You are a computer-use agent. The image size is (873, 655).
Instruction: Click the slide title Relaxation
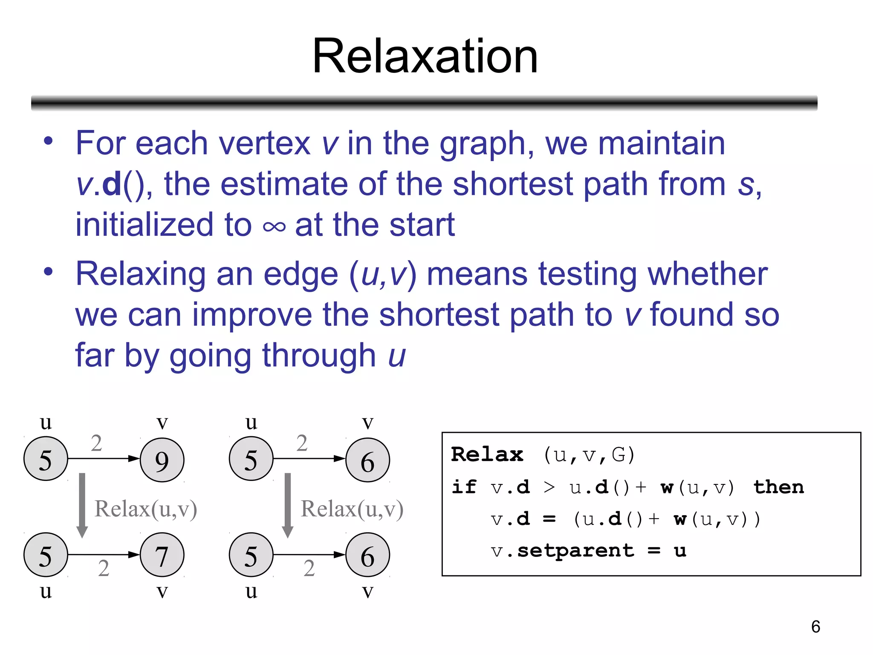(425, 56)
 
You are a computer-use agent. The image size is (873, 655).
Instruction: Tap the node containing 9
(162, 460)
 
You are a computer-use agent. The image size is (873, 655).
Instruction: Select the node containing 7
(162, 555)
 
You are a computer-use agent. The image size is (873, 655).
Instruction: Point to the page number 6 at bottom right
(815, 626)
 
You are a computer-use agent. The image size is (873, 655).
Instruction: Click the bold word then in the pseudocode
(778, 487)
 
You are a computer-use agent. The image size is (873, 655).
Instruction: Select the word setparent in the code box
(575, 551)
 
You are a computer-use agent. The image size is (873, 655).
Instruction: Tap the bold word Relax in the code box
(487, 455)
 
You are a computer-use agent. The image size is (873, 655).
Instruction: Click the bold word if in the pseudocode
(463, 487)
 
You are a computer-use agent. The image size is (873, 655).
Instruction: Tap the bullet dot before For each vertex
(48, 142)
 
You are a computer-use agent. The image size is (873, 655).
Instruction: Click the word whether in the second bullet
(708, 274)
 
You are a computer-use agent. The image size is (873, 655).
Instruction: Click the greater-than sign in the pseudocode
(549, 487)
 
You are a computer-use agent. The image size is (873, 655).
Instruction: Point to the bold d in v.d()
(112, 184)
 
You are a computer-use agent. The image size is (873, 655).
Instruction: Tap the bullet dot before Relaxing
(48, 272)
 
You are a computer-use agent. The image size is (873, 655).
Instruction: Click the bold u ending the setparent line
(680, 551)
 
